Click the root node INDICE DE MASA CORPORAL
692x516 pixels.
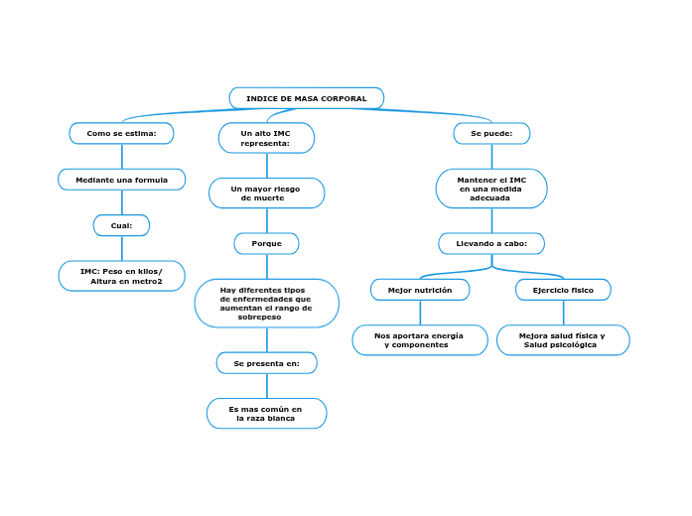pos(307,98)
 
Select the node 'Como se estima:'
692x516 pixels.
pos(121,133)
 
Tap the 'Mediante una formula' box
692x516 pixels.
pos(122,180)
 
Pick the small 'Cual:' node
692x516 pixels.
pos(121,225)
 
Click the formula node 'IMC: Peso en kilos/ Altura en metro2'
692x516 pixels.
pos(122,276)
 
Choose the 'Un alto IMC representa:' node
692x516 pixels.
pos(266,138)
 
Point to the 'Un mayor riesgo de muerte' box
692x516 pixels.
pos(266,193)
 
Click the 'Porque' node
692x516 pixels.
pos(266,243)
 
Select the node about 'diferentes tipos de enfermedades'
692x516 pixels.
pos(266,303)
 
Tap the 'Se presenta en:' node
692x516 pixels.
pos(266,363)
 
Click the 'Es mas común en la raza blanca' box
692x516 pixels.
pos(266,413)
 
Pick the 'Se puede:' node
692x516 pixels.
pos(491,133)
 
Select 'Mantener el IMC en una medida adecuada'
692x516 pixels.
pos(491,189)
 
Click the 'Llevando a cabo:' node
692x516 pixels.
pos(491,243)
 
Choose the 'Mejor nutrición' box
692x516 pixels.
pos(420,290)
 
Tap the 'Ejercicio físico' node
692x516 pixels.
pos(563,290)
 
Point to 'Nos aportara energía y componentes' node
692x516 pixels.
pos(420,339)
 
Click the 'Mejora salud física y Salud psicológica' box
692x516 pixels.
pos(563,339)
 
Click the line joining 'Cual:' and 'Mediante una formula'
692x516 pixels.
pos(122,202)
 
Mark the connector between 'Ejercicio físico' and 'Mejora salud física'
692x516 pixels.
pos(563,313)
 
